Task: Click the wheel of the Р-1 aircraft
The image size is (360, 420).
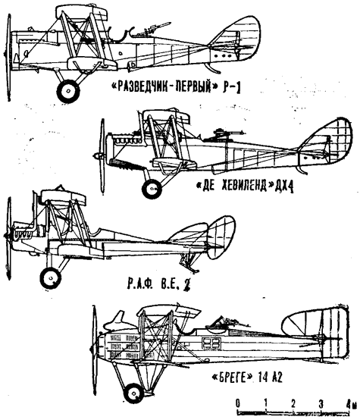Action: (68, 91)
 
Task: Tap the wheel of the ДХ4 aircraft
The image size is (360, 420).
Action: (152, 188)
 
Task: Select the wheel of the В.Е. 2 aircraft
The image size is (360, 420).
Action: (50, 277)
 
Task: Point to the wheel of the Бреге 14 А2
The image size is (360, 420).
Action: (133, 393)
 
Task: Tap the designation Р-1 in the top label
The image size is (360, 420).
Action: (231, 89)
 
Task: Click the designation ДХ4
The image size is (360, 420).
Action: (283, 186)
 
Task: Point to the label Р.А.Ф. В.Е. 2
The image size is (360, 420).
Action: (158, 286)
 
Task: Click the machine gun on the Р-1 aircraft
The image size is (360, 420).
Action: (152, 29)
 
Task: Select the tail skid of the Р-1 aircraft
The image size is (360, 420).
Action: (213, 67)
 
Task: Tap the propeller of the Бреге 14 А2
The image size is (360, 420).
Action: (94, 347)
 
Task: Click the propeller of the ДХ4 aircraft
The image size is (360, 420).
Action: (102, 156)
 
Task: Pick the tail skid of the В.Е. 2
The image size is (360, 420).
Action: (189, 263)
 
